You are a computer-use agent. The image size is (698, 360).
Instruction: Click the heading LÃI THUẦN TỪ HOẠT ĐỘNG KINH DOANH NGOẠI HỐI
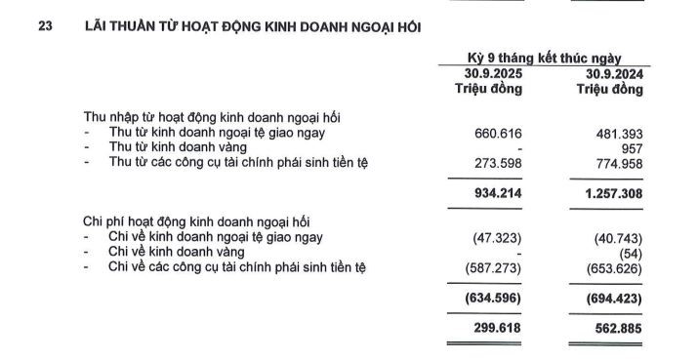click(253, 27)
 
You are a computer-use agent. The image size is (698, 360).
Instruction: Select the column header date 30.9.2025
click(490, 74)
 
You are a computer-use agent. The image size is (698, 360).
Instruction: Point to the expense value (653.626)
click(616, 265)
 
